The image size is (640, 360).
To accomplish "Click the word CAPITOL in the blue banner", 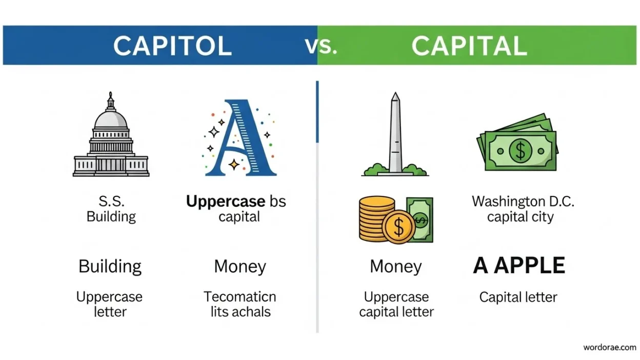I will (172, 46).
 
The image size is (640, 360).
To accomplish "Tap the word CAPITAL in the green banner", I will (469, 46).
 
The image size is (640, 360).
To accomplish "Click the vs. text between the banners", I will (322, 46).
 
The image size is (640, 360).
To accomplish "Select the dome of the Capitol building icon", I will (111, 119).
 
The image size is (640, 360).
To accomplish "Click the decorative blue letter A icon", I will (239, 137).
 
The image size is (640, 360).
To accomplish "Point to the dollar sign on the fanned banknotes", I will (520, 150).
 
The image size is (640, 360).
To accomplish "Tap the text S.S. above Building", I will (111, 201).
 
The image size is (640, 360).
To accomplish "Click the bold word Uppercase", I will (226, 201).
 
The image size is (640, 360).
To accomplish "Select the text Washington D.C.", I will (523, 201).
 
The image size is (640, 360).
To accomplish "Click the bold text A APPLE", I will (519, 266).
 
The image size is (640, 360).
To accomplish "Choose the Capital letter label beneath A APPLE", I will (518, 297).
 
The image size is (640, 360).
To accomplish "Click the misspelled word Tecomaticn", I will (240, 296).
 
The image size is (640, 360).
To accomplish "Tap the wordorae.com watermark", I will (610, 347).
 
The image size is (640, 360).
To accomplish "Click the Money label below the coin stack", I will (396, 266).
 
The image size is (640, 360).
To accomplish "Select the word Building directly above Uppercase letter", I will (110, 266).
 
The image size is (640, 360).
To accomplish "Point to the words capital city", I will (521, 217).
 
